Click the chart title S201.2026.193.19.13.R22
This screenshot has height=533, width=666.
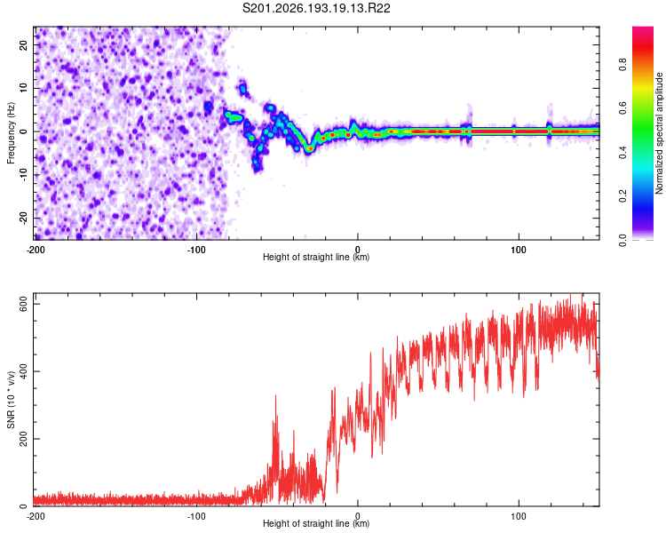click(316, 8)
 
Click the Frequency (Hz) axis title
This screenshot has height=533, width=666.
click(11, 133)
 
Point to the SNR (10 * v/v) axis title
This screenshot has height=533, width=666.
click(11, 400)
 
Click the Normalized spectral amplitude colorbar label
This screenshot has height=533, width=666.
click(659, 133)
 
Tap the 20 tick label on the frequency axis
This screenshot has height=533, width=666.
click(24, 44)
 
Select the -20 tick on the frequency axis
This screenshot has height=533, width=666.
click(24, 218)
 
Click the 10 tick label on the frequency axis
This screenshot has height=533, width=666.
click(24, 88)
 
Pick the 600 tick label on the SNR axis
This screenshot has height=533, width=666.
click(24, 305)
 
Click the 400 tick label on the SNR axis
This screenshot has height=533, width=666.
click(24, 371)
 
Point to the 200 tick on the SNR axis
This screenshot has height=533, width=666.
click(24, 439)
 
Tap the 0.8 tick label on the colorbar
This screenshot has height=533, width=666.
click(622, 65)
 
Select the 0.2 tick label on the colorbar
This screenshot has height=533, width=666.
click(622, 196)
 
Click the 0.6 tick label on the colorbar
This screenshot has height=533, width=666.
click(622, 108)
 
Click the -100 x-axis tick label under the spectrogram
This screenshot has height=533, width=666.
click(196, 250)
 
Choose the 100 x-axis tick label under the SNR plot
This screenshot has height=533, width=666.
click(519, 516)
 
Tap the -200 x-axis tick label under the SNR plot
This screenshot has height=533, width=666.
click(36, 516)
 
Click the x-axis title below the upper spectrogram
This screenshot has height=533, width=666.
click(316, 257)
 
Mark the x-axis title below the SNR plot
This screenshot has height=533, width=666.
click(316, 523)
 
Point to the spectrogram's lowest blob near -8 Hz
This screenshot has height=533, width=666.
click(256, 165)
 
